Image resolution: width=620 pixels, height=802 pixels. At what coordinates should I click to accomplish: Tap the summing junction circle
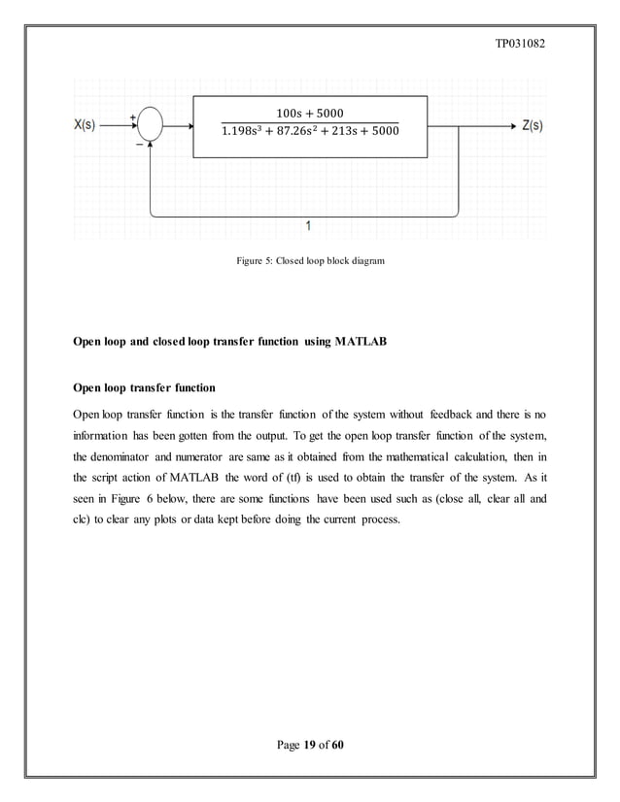pyautogui.click(x=150, y=125)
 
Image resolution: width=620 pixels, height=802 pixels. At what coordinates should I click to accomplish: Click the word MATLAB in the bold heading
pyautogui.click(x=359, y=343)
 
